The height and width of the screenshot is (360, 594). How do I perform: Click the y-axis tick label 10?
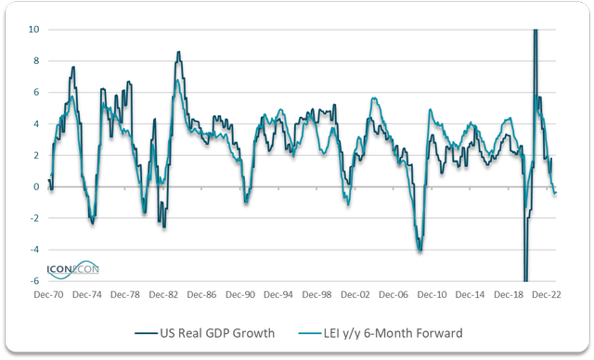coord(32,30)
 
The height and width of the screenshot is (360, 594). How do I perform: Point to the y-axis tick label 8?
coord(34,61)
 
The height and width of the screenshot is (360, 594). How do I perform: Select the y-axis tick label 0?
coord(34,186)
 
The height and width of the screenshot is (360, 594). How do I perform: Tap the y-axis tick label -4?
coord(32,250)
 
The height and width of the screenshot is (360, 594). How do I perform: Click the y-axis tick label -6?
coord(32,281)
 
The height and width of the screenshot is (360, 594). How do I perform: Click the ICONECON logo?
coord(73,269)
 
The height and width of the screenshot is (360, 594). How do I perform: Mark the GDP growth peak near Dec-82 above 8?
coord(178,52)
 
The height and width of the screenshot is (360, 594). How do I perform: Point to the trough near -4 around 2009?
coord(420,250)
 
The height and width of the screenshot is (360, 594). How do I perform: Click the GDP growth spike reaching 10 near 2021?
coord(535,32)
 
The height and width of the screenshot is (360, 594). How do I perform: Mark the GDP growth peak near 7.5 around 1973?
coord(72,67)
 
